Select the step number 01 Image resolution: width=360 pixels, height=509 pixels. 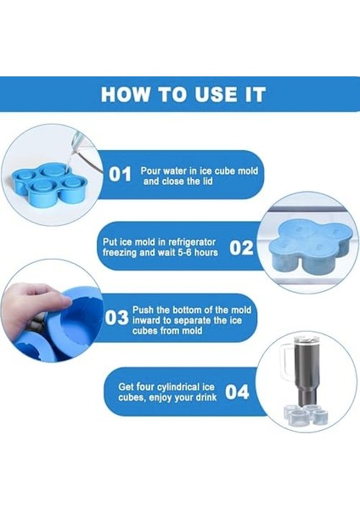click(x=120, y=174)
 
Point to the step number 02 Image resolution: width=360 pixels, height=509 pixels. click(x=241, y=248)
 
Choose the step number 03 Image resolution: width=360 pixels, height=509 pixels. click(x=116, y=317)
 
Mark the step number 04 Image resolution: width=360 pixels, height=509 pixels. click(x=237, y=392)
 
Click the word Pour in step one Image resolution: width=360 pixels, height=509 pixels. click(x=150, y=171)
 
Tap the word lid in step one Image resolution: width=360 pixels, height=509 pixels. click(x=206, y=182)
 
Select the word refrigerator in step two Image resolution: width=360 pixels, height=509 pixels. click(x=192, y=243)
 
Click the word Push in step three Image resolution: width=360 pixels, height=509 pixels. click(x=143, y=310)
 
